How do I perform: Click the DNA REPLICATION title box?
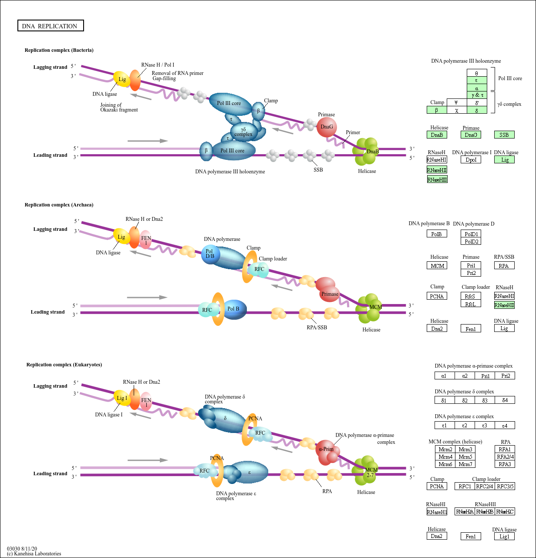[50, 26]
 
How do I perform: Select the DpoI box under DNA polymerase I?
[471, 160]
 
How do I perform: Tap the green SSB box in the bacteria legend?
[504, 135]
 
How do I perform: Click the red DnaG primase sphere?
[327, 127]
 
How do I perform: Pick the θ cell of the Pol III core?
[477, 73]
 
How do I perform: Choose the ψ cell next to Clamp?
[456, 102]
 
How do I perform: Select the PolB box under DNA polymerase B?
[437, 234]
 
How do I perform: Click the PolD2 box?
[471, 241]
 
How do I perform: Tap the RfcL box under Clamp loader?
[471, 304]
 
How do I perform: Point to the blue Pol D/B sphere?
[210, 254]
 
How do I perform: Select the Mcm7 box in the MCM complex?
[465, 464]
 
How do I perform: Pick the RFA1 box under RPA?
[505, 450]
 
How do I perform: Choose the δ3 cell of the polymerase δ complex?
[485, 400]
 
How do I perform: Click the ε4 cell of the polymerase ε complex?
[505, 425]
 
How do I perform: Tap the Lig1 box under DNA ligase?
[504, 537]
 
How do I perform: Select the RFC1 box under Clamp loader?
[465, 487]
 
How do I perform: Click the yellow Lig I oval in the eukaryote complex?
[122, 398]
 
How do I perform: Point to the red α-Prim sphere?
[327, 450]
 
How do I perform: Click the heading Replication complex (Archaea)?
[59, 205]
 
